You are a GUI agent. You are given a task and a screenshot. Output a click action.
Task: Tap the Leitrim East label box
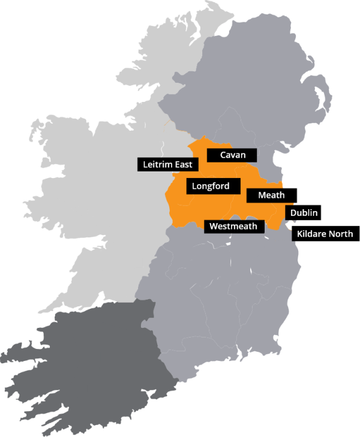167,164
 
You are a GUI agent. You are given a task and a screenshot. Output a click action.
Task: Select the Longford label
210,186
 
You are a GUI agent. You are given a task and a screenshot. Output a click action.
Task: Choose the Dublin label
304,212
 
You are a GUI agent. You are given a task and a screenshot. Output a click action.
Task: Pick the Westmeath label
234,226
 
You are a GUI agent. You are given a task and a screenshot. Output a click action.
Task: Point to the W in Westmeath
212,226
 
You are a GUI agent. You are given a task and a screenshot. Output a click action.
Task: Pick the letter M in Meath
262,195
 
